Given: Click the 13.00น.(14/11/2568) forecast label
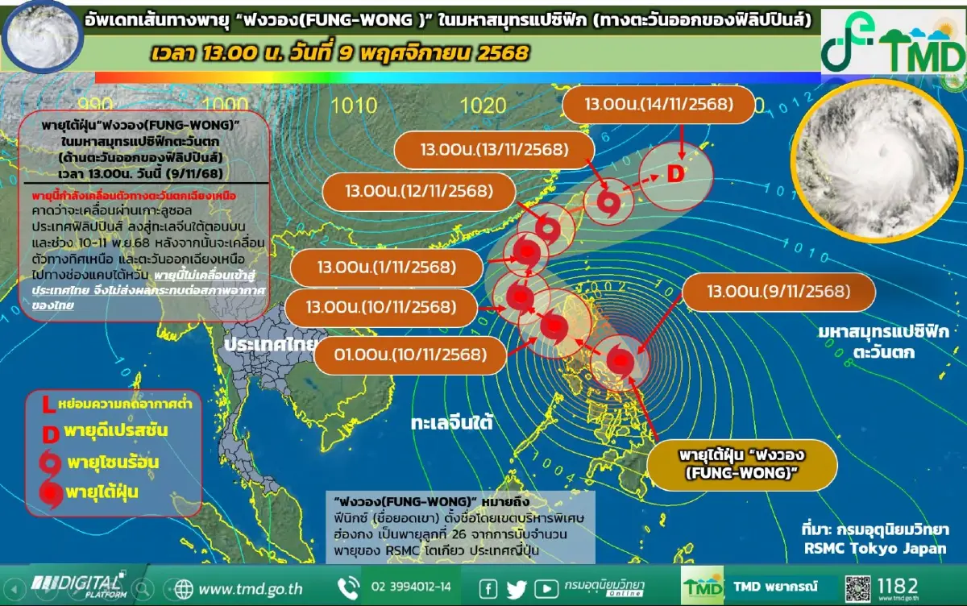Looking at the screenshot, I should click(658, 105).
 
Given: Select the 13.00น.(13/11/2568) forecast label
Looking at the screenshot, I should click(494, 149).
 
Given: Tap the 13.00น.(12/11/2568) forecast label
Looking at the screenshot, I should click(418, 192).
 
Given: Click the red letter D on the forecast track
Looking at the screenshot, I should click(675, 174).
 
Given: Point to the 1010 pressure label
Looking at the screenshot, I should click(354, 105).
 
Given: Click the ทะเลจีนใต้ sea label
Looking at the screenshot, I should click(450, 422).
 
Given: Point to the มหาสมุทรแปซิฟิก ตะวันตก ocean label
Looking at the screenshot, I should click(870, 342).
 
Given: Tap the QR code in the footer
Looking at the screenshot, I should click(859, 586).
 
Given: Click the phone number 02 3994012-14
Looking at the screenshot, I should click(411, 586).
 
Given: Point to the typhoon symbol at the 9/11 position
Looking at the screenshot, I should click(619, 360).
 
